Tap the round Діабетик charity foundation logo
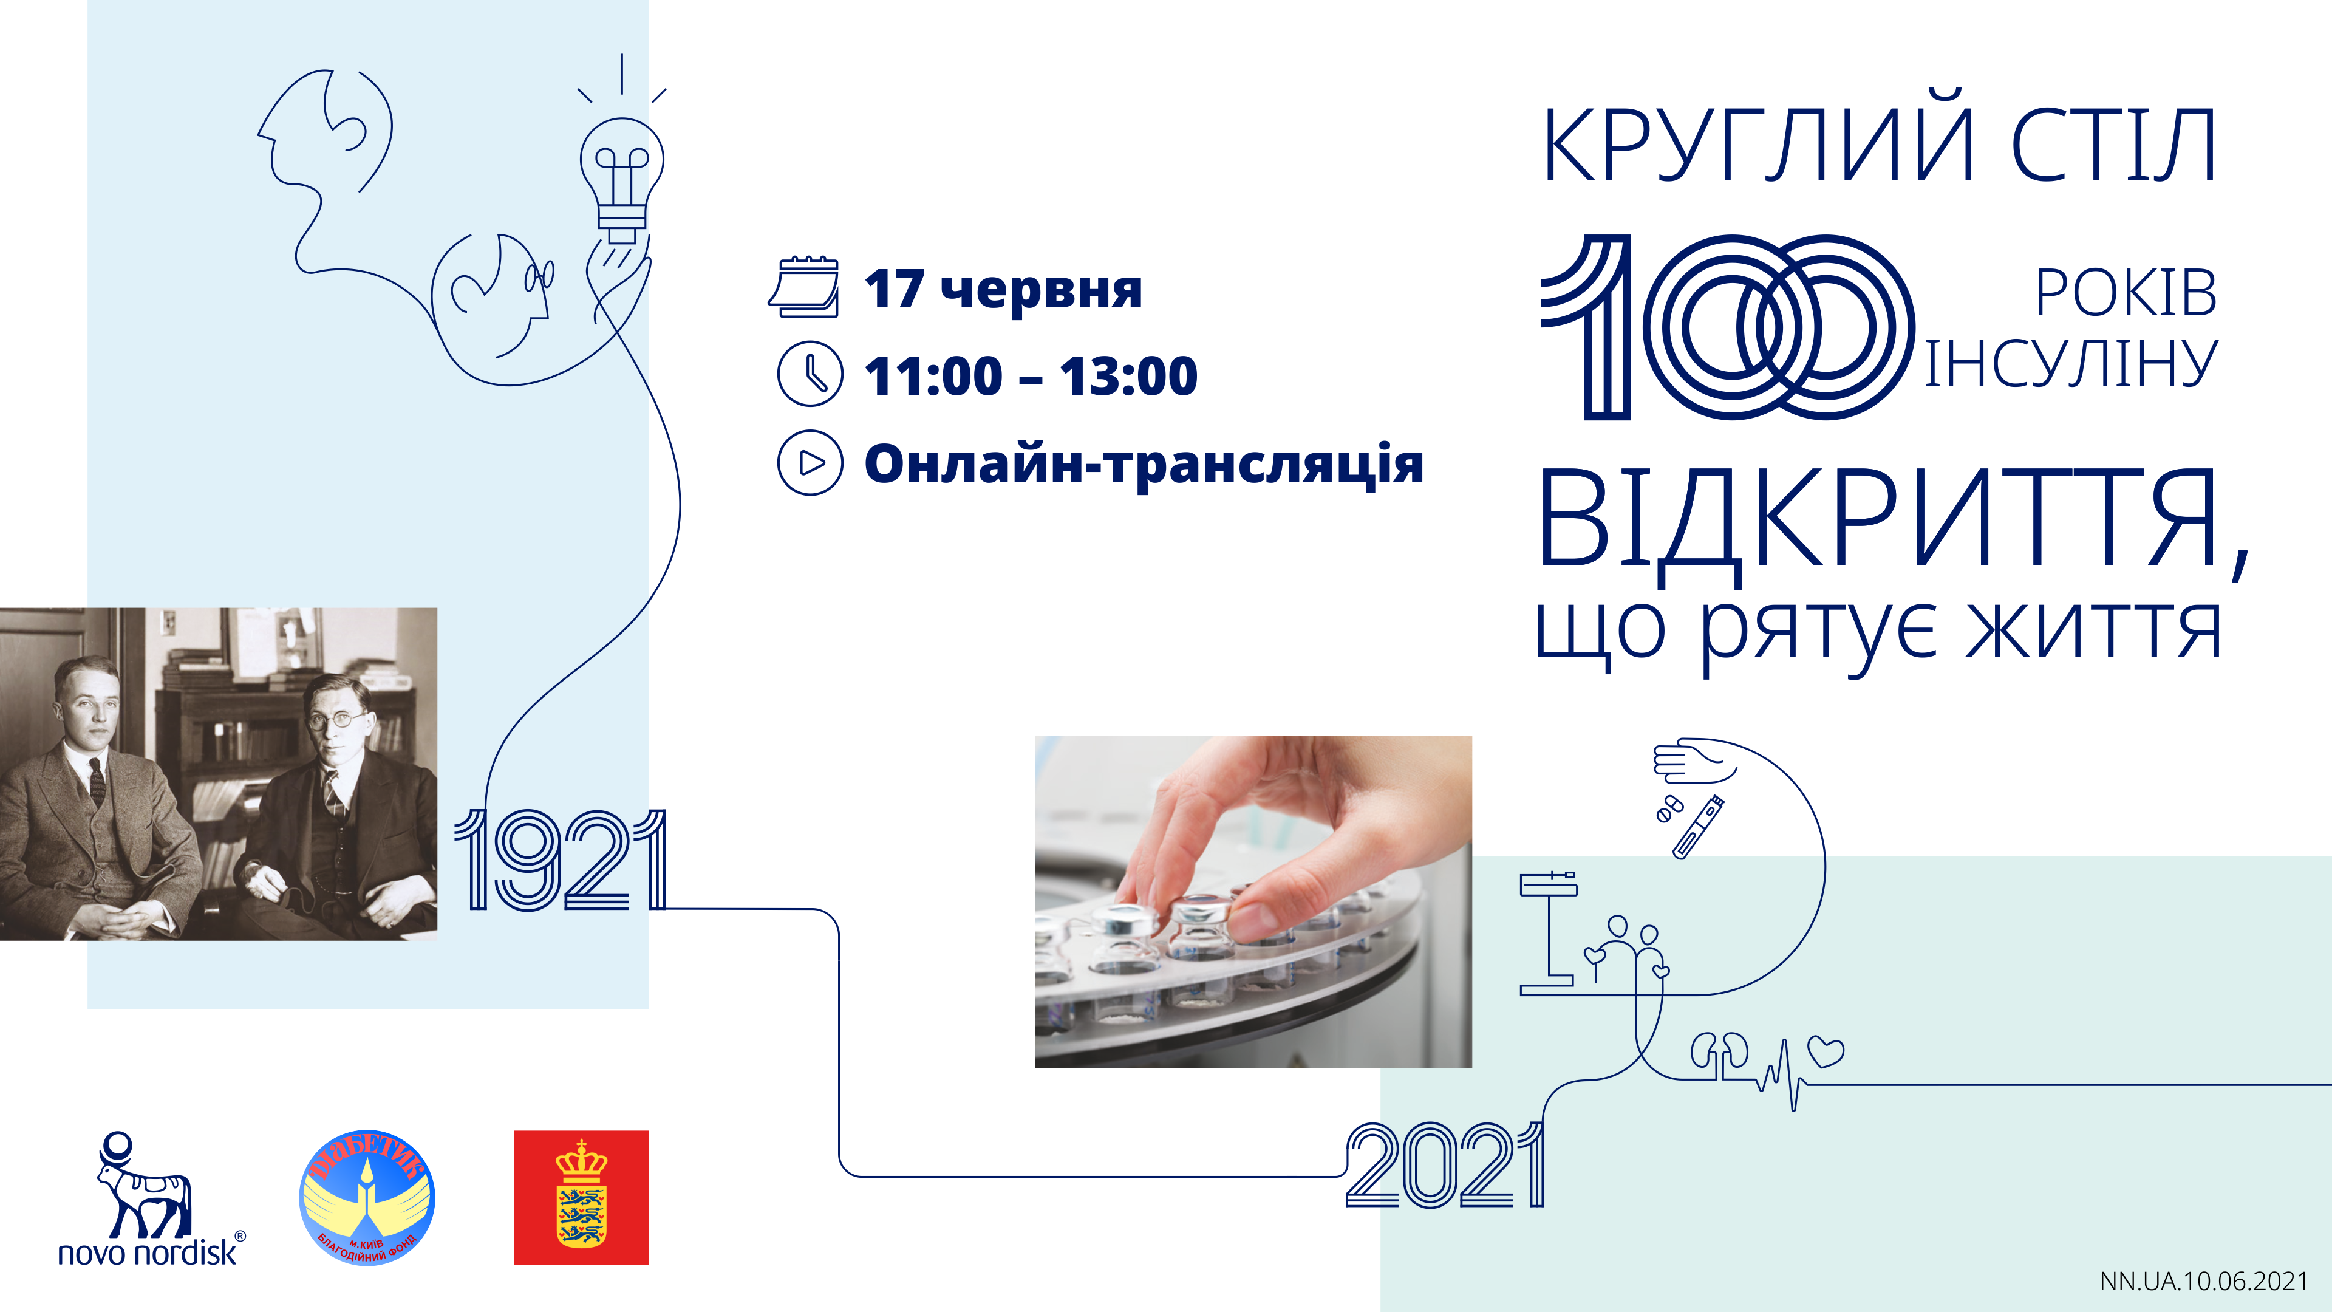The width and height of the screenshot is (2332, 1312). pos(367,1197)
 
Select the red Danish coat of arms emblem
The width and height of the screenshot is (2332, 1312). pos(581,1197)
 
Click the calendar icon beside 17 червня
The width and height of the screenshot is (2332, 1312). pos(804,287)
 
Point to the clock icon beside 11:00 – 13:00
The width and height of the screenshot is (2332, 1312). pos(810,373)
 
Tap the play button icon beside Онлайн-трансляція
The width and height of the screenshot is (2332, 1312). pos(810,462)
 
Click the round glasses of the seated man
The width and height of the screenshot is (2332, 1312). pos(330,722)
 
